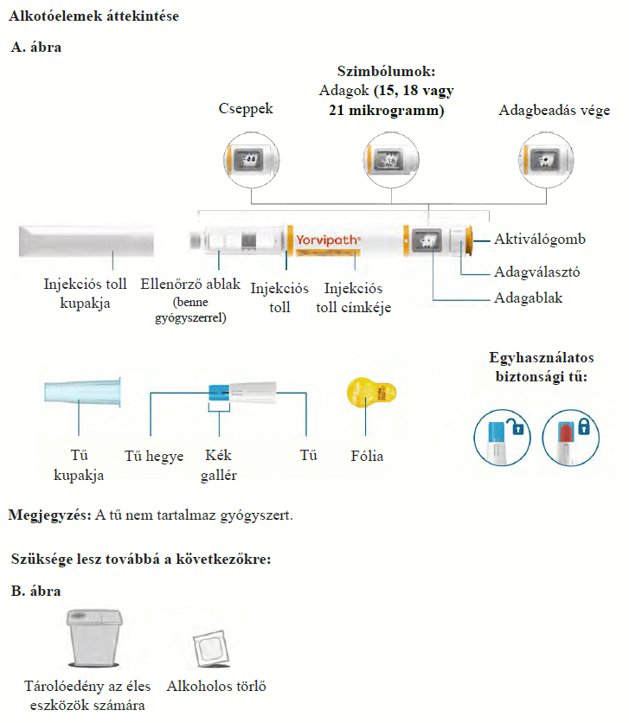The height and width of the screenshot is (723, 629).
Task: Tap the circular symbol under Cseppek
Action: (x=250, y=160)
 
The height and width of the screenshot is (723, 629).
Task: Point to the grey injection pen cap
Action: (x=85, y=239)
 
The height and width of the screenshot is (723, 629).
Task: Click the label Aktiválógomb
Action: (x=539, y=239)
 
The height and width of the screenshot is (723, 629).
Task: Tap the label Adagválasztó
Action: (x=536, y=272)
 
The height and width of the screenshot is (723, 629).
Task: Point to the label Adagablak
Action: (x=529, y=298)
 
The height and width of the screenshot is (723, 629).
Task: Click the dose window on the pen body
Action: (x=426, y=240)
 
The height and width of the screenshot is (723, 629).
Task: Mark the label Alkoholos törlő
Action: (x=215, y=688)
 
